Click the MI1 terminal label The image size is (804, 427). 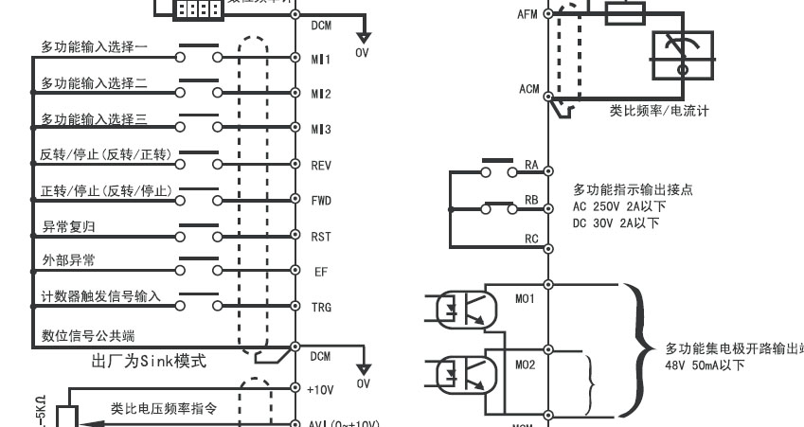321,59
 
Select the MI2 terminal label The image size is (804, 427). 321,94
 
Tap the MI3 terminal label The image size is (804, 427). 321,129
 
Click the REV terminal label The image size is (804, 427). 321,165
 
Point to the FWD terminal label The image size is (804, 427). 321,200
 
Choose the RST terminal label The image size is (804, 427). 321,236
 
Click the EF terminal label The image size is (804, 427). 321,271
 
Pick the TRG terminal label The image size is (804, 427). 321,307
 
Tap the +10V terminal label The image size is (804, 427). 321,388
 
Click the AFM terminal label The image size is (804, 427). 528,14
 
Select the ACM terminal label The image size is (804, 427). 528,89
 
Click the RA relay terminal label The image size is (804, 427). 531,165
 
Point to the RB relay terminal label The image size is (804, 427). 531,201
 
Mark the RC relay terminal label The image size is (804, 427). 531,239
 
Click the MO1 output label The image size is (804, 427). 525,298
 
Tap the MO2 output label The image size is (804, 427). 525,364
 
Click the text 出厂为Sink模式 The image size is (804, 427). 149,361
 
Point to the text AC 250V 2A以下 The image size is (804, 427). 619,206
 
